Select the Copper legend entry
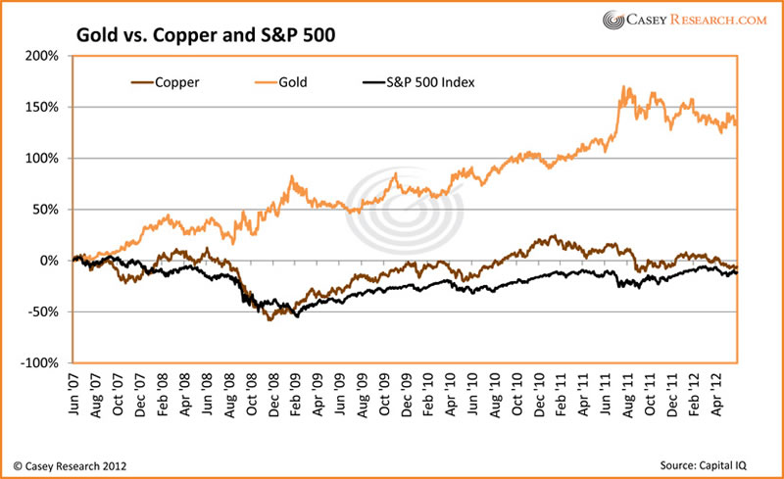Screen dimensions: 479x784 pyautogui.click(x=163, y=82)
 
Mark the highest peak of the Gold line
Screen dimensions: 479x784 pyautogui.click(x=624, y=87)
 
